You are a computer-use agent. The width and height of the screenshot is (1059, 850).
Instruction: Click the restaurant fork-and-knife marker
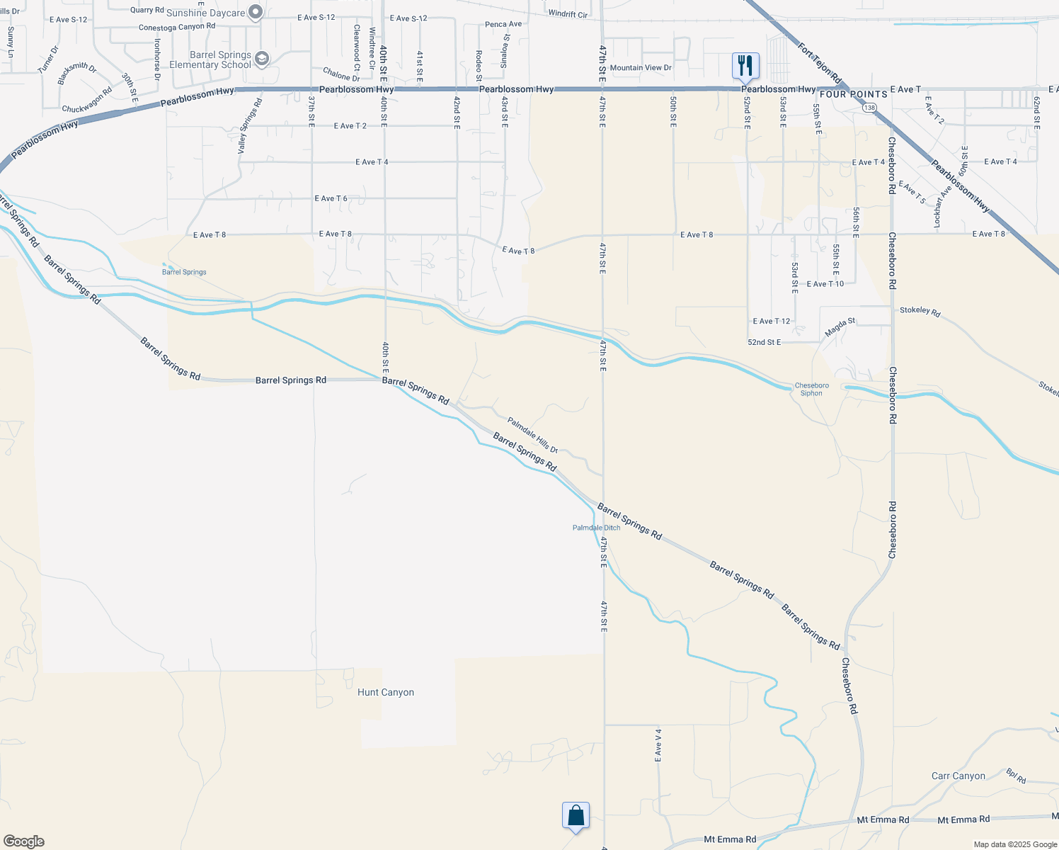coord(745,66)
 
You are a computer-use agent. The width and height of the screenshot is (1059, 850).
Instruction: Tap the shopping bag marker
coord(576,815)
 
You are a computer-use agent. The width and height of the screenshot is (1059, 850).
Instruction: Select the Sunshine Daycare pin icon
coord(256,12)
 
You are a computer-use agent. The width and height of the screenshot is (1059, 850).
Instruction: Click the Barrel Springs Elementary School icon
coord(262,59)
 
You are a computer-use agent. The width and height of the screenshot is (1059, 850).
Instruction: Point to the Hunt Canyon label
coord(386,692)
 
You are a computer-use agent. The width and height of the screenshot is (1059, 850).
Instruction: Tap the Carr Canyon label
coord(958,776)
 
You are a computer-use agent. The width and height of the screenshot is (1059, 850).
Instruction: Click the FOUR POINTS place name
coord(853,94)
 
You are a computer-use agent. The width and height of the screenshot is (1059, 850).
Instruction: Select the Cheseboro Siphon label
coord(811,390)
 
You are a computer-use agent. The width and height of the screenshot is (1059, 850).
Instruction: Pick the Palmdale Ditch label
coord(596,528)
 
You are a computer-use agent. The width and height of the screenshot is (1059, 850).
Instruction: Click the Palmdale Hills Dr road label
coord(532,435)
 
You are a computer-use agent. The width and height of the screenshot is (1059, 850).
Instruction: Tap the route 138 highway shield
coord(869,106)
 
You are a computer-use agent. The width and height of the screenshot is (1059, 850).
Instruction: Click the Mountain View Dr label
coord(641,68)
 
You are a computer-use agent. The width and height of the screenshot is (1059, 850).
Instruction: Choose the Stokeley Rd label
coord(920,311)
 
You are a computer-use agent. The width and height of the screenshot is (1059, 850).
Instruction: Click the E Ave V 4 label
coord(658,745)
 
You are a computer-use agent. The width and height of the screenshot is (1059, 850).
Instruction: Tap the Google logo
coord(23,841)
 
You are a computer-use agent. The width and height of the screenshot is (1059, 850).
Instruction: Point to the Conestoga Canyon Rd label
coord(177,27)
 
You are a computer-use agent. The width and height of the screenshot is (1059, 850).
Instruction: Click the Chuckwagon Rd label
coord(87,101)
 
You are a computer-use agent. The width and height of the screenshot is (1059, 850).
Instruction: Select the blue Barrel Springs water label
coord(184,272)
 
